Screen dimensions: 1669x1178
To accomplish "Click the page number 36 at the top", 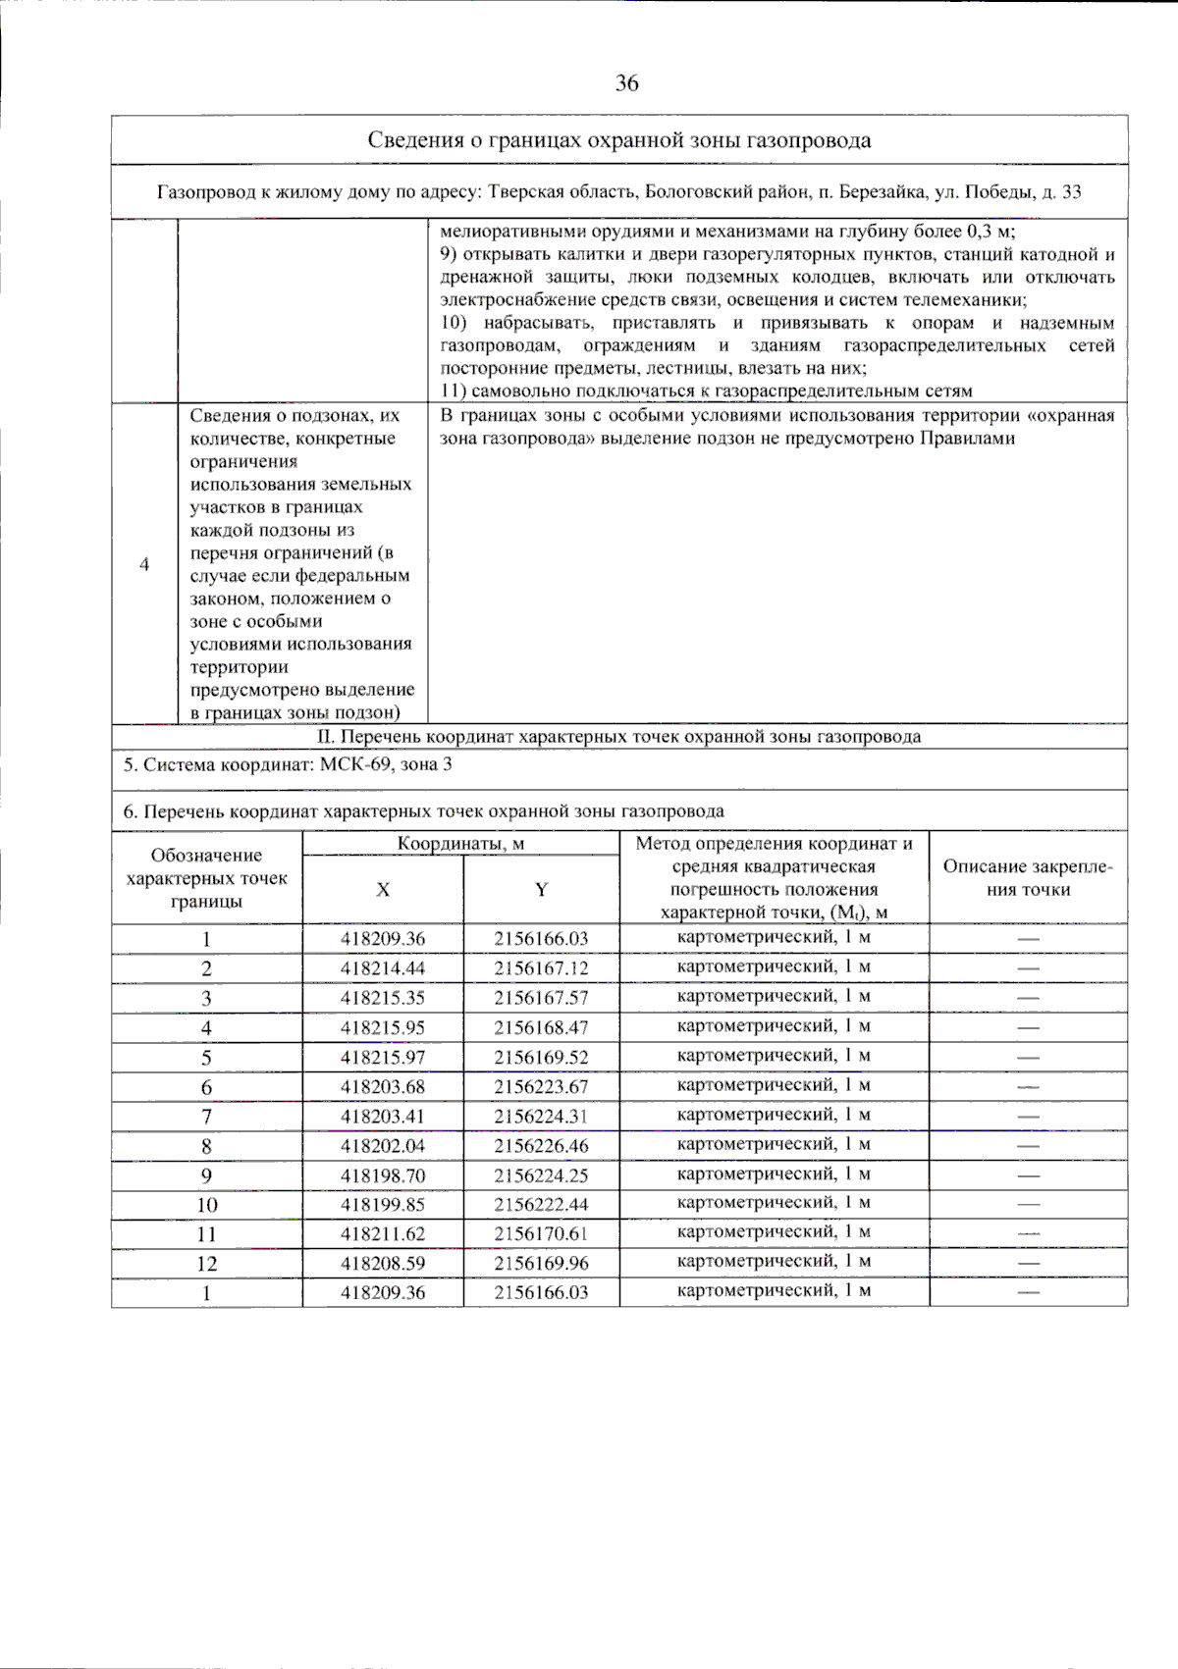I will pyautogui.click(x=627, y=83).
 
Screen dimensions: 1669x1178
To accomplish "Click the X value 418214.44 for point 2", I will pyautogui.click(x=383, y=968).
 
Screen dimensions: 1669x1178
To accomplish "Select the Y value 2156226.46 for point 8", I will pyautogui.click(x=541, y=1145).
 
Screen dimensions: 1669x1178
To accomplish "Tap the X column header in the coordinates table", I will pyautogui.click(x=383, y=889).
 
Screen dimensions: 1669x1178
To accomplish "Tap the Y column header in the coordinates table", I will pyautogui.click(x=541, y=889).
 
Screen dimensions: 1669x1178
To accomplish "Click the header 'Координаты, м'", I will pyautogui.click(x=460, y=844).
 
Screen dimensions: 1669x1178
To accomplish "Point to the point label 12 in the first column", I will pyautogui.click(x=206, y=1264).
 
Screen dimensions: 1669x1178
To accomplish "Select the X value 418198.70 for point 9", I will pyautogui.click(x=383, y=1174).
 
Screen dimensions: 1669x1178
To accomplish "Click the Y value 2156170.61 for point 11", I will pyautogui.click(x=541, y=1233).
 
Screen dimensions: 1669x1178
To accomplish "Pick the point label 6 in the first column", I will pyautogui.click(x=206, y=1086).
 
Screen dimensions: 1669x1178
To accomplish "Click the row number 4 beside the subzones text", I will pyautogui.click(x=144, y=564).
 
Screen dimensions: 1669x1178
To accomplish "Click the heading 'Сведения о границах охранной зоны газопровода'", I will pyautogui.click(x=618, y=140).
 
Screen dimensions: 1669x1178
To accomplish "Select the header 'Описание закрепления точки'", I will pyautogui.click(x=1028, y=878).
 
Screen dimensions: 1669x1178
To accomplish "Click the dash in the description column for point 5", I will pyautogui.click(x=1028, y=1058).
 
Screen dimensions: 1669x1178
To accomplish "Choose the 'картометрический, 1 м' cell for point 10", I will pyautogui.click(x=774, y=1203).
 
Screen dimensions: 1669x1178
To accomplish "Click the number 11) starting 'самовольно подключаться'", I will pyautogui.click(x=453, y=391).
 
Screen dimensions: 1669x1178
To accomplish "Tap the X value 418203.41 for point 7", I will pyautogui.click(x=383, y=1116).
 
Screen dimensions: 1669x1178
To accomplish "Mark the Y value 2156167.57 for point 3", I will pyautogui.click(x=541, y=998).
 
